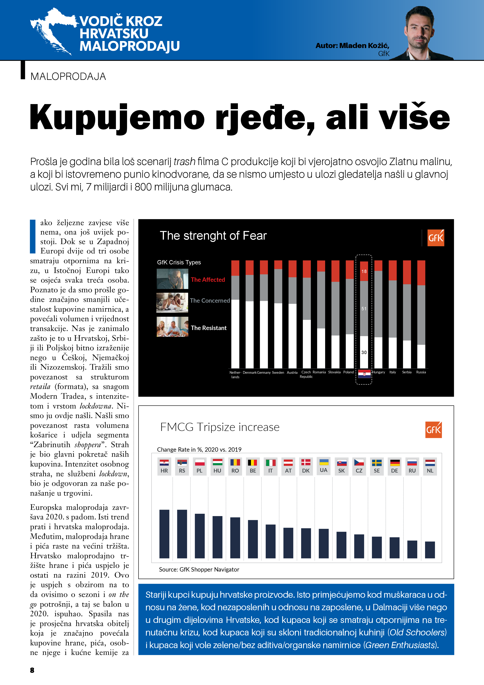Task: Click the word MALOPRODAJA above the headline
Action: pyautogui.click(x=68, y=77)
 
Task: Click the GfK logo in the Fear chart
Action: pyautogui.click(x=435, y=238)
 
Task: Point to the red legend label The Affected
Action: pyautogui.click(x=208, y=280)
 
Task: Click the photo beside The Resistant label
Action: pyautogui.click(x=172, y=327)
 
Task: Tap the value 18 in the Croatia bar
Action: pyautogui.click(x=364, y=271)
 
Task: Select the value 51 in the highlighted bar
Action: pyautogui.click(x=364, y=309)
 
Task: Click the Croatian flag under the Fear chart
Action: pyautogui.click(x=364, y=374)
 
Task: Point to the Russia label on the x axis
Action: pyautogui.click(x=421, y=372)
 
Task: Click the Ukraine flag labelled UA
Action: pyautogui.click(x=324, y=462)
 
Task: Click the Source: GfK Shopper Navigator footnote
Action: pyautogui.click(x=199, y=570)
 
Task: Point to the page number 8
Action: pyautogui.click(x=32, y=670)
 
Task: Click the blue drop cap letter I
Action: pyautogui.click(x=33, y=236)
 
